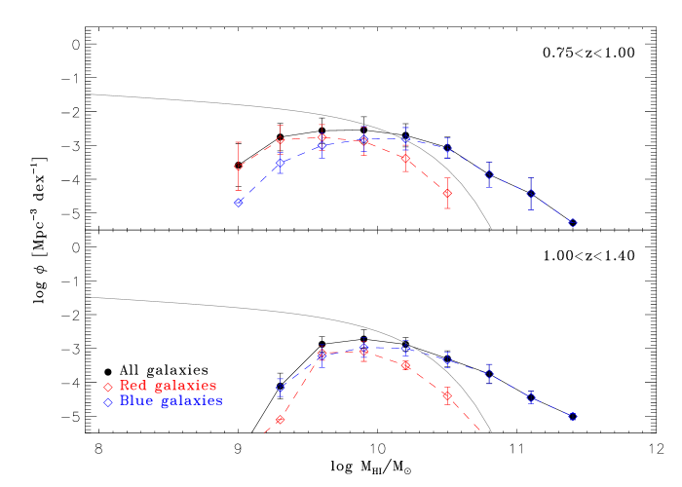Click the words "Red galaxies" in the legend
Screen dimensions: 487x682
168,387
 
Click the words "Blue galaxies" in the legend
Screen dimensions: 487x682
170,400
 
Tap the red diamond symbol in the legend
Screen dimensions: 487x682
108,388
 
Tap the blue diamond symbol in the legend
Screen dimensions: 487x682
108,401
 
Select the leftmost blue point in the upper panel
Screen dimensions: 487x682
238,203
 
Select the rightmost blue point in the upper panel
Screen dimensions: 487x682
573,223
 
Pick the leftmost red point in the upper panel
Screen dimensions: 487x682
238,167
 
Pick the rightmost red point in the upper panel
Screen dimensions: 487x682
447,194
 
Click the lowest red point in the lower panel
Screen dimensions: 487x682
280,420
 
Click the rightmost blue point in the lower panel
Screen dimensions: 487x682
573,417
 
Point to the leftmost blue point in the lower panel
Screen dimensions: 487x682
280,388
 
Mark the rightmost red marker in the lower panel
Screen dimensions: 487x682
447,395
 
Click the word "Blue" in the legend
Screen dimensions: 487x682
135,400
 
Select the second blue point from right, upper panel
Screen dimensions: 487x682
531,194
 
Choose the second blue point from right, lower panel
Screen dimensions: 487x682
531,397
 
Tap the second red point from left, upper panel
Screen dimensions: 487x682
280,141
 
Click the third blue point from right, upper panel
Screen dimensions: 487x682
489,175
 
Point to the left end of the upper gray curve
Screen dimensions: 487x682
87,94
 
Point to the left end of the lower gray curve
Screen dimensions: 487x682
87,297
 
